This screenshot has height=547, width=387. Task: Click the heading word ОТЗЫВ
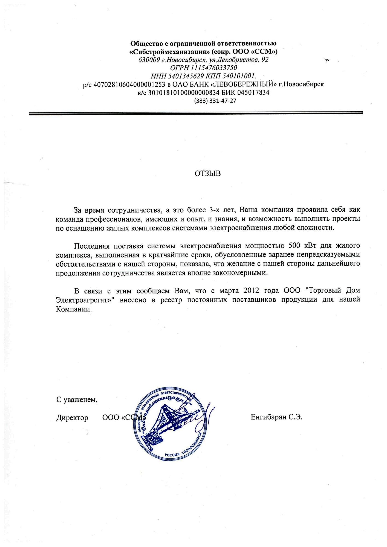207,174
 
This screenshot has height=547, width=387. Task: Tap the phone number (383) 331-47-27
215,101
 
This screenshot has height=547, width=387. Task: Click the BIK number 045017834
253,92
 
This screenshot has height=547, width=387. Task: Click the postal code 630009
149,60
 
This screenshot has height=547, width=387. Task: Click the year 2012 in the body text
251,290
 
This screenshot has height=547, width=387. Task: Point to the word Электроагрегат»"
85,300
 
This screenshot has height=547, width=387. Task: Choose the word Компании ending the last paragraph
74,309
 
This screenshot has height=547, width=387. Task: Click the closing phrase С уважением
77,400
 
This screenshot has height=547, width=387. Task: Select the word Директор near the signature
72,418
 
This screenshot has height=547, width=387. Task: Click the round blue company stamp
170,424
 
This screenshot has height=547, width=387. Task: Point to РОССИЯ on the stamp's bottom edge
172,454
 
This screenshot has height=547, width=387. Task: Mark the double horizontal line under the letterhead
196,113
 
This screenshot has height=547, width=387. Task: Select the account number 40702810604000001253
129,84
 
